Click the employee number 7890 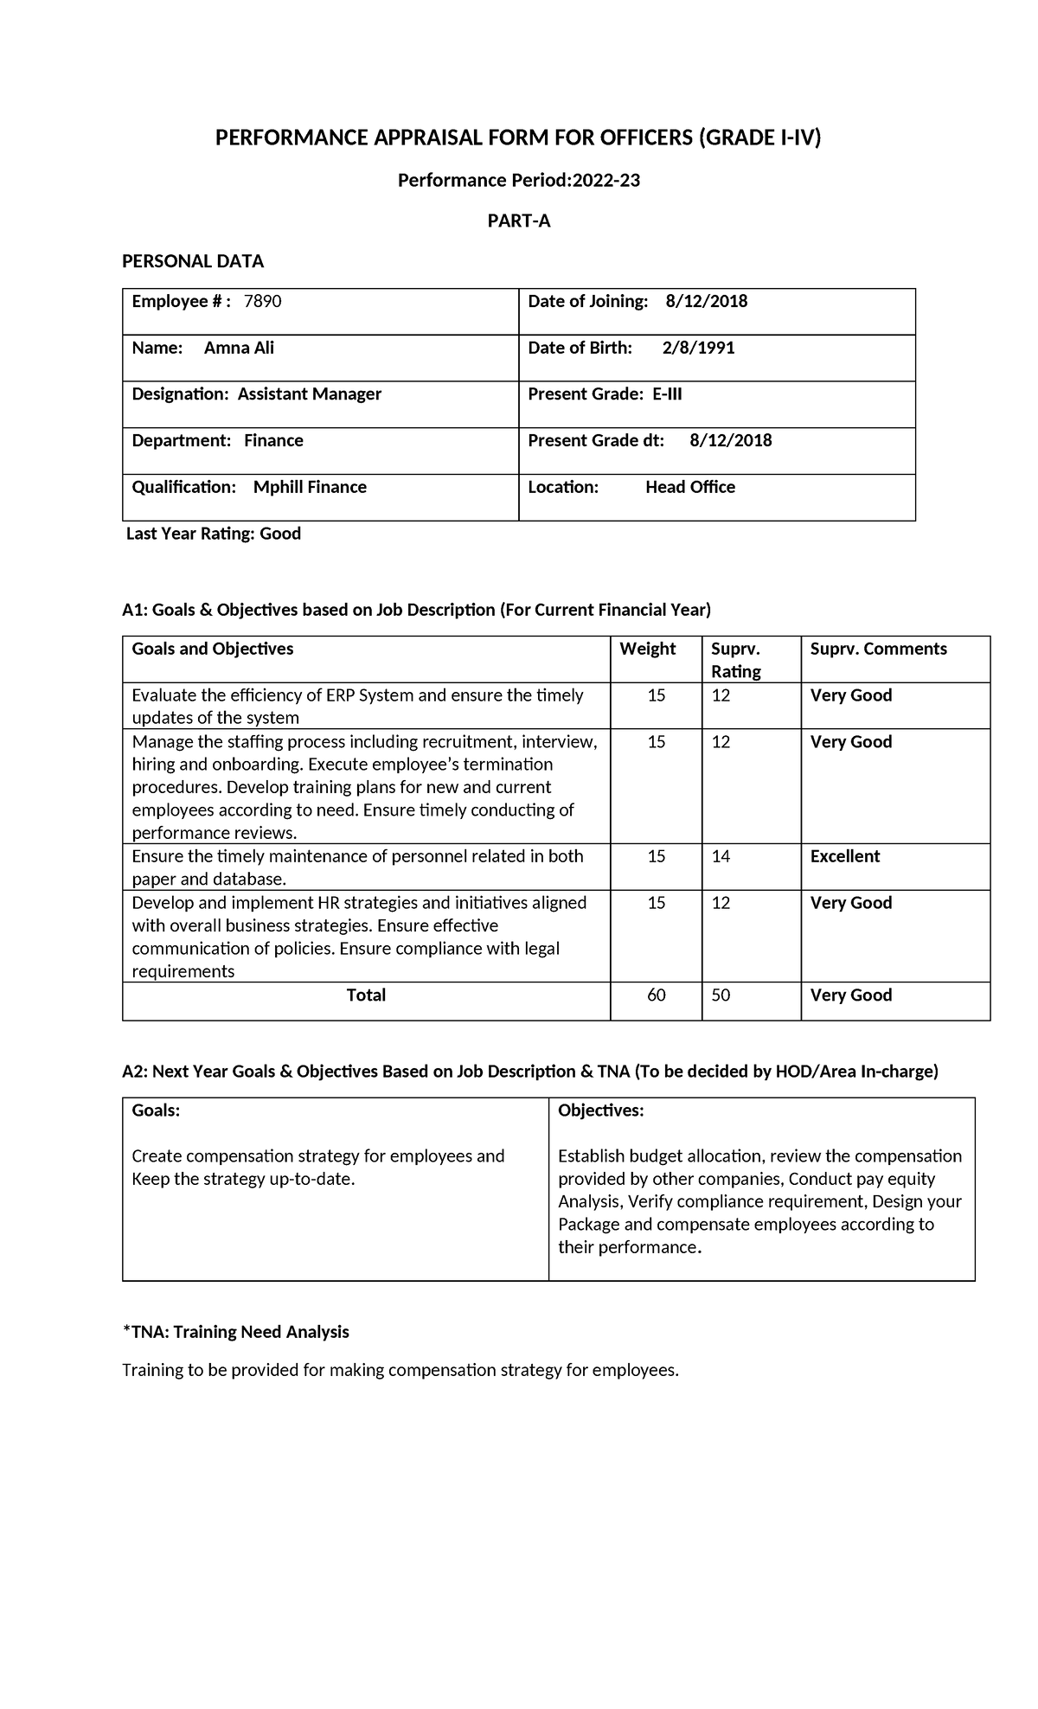click(263, 301)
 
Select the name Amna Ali click(239, 348)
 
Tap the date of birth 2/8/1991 click(698, 348)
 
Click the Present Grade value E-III click(667, 394)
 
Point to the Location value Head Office click(689, 487)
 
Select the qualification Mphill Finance click(310, 487)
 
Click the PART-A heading click(518, 221)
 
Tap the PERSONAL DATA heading click(192, 261)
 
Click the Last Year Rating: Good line click(214, 534)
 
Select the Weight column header click(647, 649)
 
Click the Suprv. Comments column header click(878, 649)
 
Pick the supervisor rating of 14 click(720, 856)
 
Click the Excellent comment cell click(844, 856)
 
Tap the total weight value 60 click(656, 995)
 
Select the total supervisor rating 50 click(720, 995)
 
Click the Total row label click(366, 995)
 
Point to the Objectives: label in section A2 click(600, 1111)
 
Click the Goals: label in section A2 click(156, 1111)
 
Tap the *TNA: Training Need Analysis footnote click(235, 1332)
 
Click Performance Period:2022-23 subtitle click(518, 181)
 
